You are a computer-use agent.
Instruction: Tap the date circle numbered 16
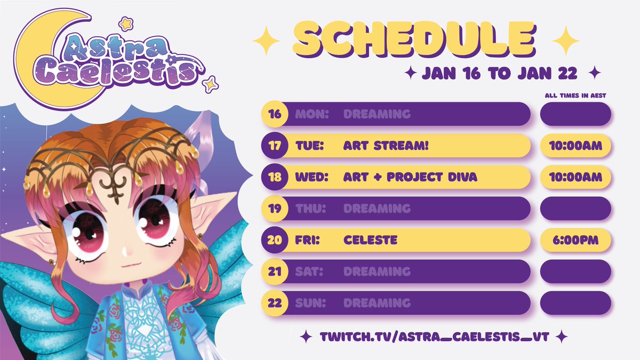click(274, 114)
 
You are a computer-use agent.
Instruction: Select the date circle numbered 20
click(274, 240)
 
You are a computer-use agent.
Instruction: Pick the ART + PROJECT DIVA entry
click(410, 177)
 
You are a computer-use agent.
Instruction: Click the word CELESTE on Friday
click(371, 240)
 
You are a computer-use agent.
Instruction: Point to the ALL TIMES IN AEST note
click(575, 95)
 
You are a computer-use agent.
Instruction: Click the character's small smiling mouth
click(126, 263)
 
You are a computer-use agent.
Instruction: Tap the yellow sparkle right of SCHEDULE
click(566, 41)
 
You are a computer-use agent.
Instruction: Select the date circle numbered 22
click(274, 303)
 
